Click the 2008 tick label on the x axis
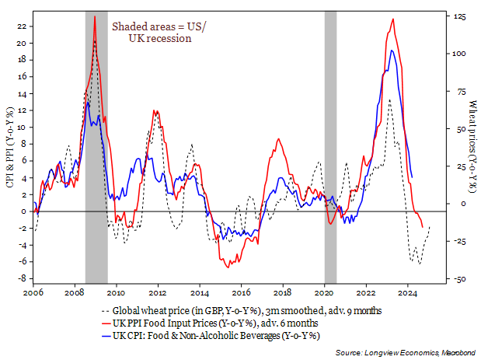tap(75, 292)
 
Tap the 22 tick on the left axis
tap(21, 26)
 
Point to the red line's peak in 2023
tap(393, 19)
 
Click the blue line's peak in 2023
tap(392, 51)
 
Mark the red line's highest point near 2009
tap(95, 16)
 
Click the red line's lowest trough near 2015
tap(228, 268)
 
